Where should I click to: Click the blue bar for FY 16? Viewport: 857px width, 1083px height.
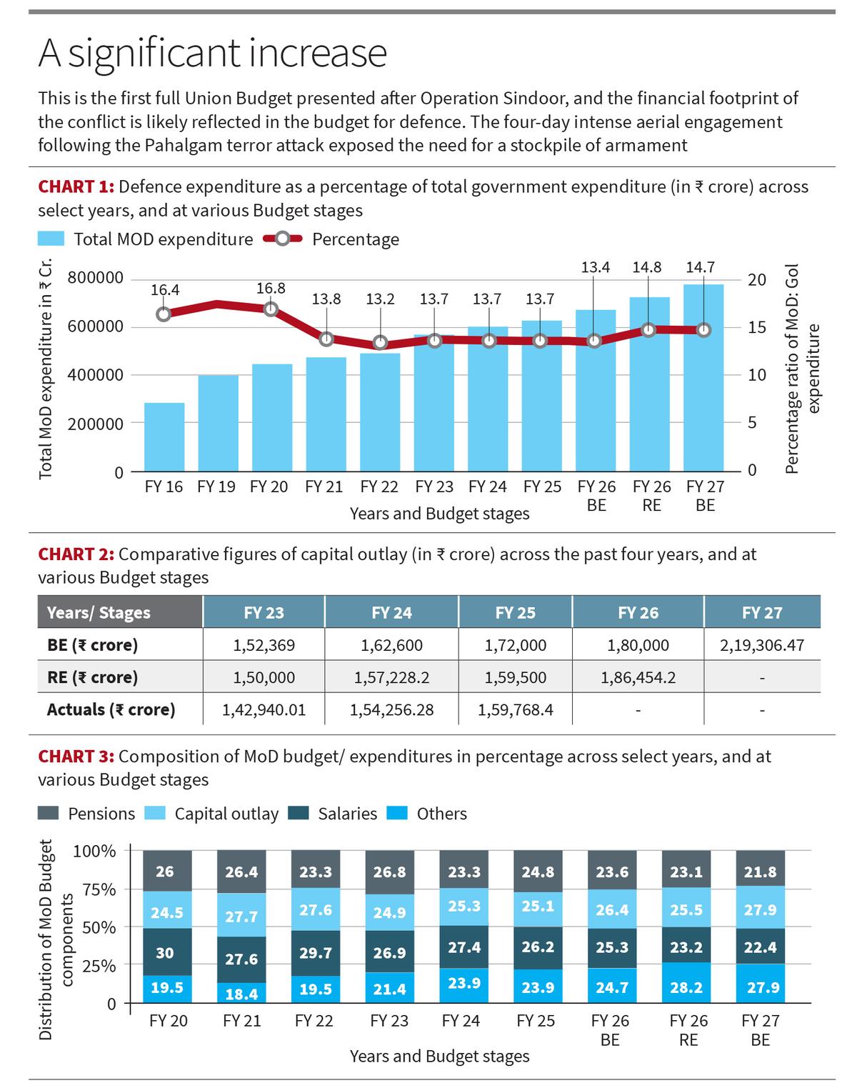[164, 436]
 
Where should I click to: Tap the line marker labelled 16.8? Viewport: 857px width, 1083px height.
[271, 309]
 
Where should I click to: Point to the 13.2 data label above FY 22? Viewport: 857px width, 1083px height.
[380, 299]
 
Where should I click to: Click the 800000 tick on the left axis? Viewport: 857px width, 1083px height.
[95, 278]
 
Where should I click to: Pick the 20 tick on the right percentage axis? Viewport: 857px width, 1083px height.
[756, 279]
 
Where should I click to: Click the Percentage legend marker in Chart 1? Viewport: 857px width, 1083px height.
[283, 239]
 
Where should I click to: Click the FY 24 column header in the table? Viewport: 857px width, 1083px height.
[391, 612]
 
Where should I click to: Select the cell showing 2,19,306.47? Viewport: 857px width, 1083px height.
[762, 645]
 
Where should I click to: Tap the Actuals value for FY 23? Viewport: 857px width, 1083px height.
[264, 710]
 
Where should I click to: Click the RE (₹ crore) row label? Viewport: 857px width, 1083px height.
[92, 677]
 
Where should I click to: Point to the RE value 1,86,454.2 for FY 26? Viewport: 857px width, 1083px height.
[638, 677]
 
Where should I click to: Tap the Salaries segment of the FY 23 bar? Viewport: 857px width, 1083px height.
[389, 952]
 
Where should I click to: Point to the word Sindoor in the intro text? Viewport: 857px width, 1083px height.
[458, 98]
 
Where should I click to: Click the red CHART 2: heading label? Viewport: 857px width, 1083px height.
[76, 554]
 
